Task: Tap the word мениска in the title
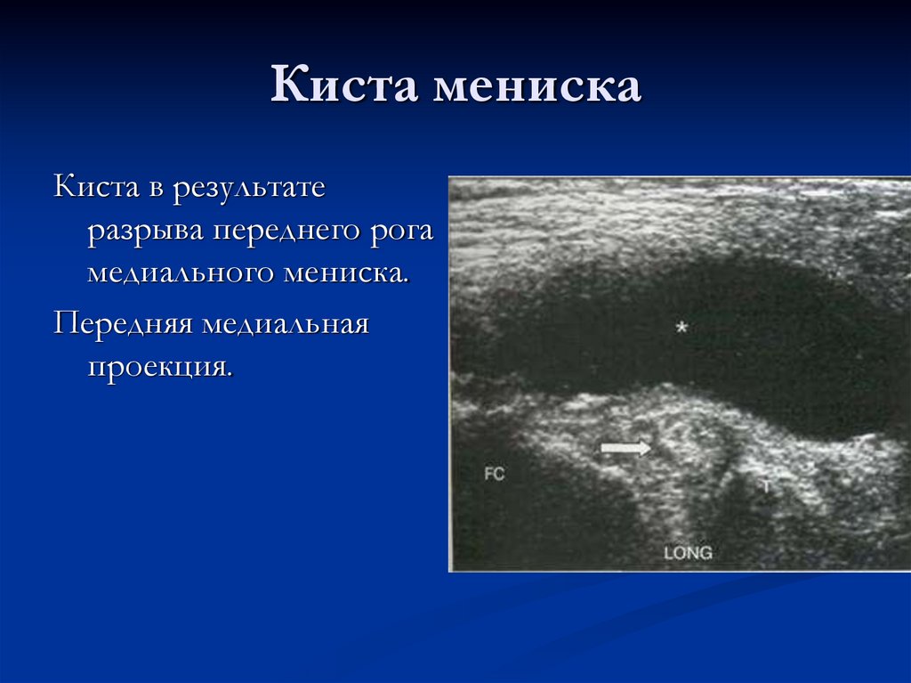pyautogui.click(x=536, y=87)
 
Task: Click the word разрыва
pyautogui.click(x=145, y=231)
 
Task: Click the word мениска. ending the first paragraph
pyautogui.click(x=347, y=272)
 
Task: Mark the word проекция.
pyautogui.click(x=160, y=365)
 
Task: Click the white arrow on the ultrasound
pyautogui.click(x=626, y=448)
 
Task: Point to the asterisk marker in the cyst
pyautogui.click(x=681, y=328)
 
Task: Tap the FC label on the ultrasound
pyautogui.click(x=494, y=474)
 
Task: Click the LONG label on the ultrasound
pyautogui.click(x=688, y=553)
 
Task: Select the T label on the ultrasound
pyautogui.click(x=766, y=486)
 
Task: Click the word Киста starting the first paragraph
pyautogui.click(x=95, y=189)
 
